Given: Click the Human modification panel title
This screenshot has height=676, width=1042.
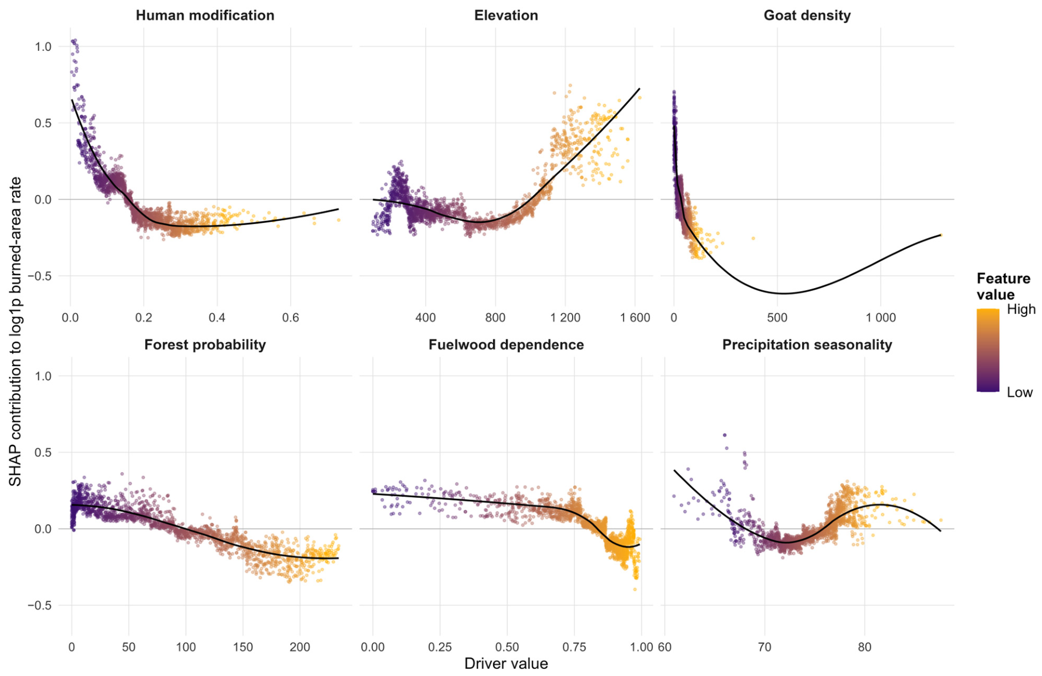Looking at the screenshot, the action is tap(205, 15).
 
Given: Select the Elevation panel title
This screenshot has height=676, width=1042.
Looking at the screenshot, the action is tap(506, 15).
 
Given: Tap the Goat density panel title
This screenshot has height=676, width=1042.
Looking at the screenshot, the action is tap(807, 15).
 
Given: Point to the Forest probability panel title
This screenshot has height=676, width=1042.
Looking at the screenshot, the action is tap(205, 345).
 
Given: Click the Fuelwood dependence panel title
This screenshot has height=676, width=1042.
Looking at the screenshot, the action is tap(506, 345).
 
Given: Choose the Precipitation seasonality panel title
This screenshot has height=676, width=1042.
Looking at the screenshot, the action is tap(807, 345).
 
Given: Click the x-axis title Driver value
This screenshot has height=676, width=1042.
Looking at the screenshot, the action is tap(506, 663).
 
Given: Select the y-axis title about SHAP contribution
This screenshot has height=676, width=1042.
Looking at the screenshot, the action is tap(15, 331).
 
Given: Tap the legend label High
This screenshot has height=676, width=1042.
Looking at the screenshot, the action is tap(1021, 309).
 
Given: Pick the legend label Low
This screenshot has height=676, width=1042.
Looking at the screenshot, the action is tap(1020, 392).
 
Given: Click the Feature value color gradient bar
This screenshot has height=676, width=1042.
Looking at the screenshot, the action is tap(988, 350).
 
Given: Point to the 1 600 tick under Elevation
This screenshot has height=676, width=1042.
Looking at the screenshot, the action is tap(635, 318).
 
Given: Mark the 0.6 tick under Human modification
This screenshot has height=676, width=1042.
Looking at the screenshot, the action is tap(291, 318).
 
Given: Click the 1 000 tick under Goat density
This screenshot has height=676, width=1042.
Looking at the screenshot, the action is tap(880, 318).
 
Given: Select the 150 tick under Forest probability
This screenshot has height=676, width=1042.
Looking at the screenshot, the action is tap(243, 647).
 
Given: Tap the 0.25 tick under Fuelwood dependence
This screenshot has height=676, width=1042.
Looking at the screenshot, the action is tap(440, 647).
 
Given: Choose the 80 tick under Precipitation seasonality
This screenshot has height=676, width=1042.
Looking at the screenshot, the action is tap(864, 647).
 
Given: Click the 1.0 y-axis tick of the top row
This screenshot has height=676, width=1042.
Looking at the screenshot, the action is tap(43, 46).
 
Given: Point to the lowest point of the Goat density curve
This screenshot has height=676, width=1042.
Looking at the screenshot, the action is tap(784, 293).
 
